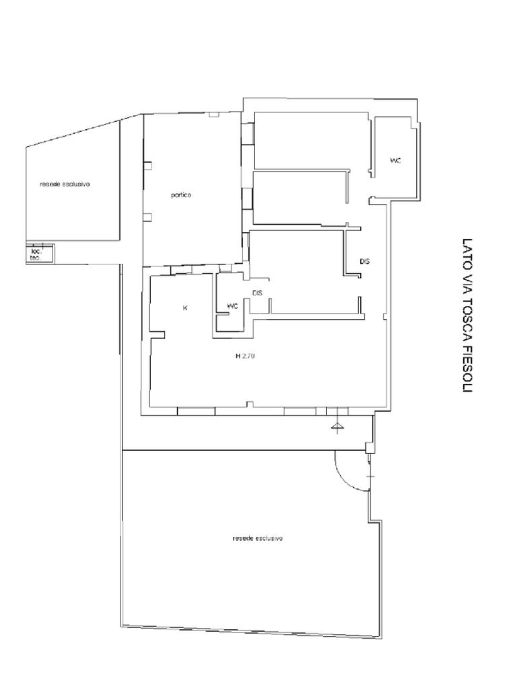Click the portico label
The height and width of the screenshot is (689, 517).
(x=180, y=195)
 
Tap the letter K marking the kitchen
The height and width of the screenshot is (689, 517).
(x=184, y=308)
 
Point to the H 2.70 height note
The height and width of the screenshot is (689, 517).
(x=245, y=357)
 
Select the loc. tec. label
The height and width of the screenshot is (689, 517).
(x=35, y=255)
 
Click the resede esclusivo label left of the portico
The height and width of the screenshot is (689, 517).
(x=65, y=184)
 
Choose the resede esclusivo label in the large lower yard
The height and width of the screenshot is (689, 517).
(x=257, y=538)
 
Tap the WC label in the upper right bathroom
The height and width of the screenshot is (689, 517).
(x=396, y=161)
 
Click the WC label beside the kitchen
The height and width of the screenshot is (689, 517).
(x=232, y=306)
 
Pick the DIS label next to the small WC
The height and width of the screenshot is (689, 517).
(x=257, y=293)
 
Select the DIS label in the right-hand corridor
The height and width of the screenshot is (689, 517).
(x=364, y=261)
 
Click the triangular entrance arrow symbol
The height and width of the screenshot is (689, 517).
(x=337, y=425)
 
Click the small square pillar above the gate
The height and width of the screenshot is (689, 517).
(x=370, y=447)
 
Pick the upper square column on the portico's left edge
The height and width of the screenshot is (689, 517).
(x=147, y=166)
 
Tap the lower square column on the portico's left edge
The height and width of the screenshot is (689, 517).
(x=147, y=216)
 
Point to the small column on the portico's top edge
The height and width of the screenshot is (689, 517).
(x=213, y=114)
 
